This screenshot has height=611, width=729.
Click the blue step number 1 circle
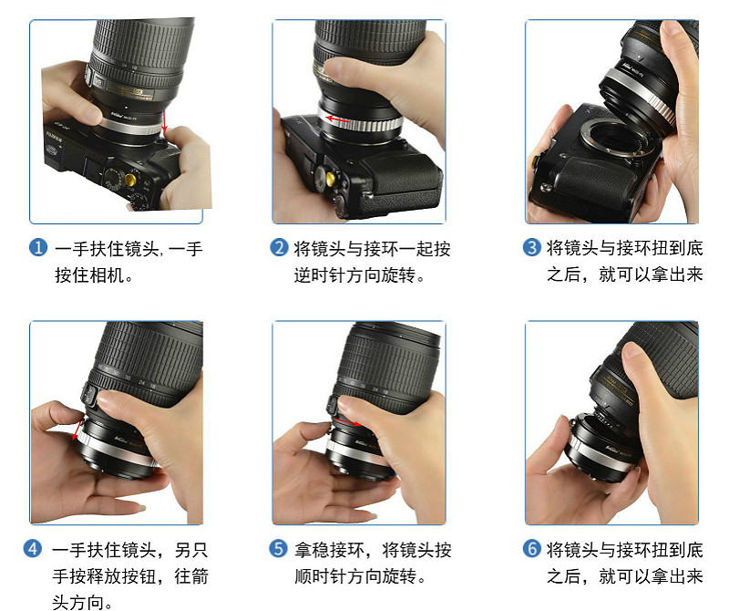pyautogui.click(x=38, y=247)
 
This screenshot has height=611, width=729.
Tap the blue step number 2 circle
pyautogui.click(x=279, y=247)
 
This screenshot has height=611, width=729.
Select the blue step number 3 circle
pyautogui.click(x=531, y=247)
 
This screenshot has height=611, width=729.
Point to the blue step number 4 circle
pyautogui.click(x=33, y=549)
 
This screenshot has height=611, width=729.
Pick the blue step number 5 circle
pyautogui.click(x=278, y=549)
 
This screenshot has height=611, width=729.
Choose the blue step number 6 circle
pyautogui.click(x=531, y=549)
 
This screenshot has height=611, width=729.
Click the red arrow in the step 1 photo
pyautogui.click(x=164, y=120)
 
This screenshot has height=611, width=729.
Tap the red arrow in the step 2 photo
pyautogui.click(x=338, y=119)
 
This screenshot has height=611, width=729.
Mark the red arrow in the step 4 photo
pyautogui.click(x=77, y=430)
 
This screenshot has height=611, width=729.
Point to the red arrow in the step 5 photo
pyautogui.click(x=348, y=422)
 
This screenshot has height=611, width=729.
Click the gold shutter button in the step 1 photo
pyautogui.click(x=130, y=179)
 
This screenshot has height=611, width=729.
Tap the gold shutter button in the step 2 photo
pyautogui.click(x=331, y=178)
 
